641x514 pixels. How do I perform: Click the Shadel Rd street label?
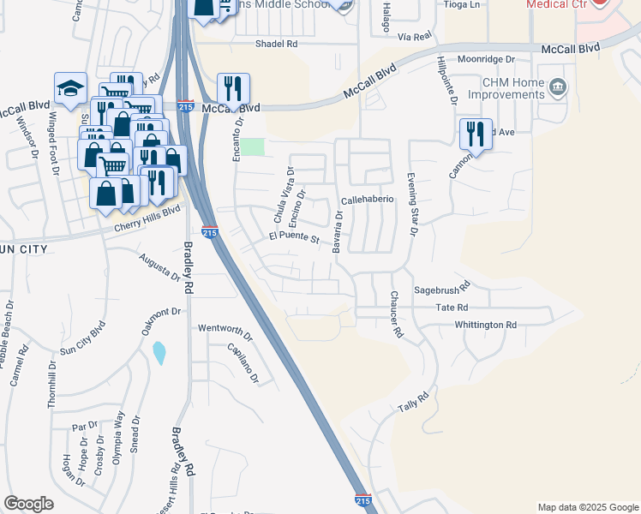coord(275,43)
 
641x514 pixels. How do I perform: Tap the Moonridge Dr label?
coord(485,59)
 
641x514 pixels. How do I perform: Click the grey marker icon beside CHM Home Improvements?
coord(558,87)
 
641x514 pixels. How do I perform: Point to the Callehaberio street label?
coord(367,199)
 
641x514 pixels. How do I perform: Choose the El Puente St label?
coord(294,236)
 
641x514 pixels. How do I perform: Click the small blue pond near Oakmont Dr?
coord(159,352)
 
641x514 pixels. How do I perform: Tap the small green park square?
coord(252,146)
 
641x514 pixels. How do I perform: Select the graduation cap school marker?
coord(70,87)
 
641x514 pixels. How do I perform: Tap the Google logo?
coord(28,504)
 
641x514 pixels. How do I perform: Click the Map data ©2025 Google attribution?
coord(587,507)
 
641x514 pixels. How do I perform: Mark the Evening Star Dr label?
coord(413,202)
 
